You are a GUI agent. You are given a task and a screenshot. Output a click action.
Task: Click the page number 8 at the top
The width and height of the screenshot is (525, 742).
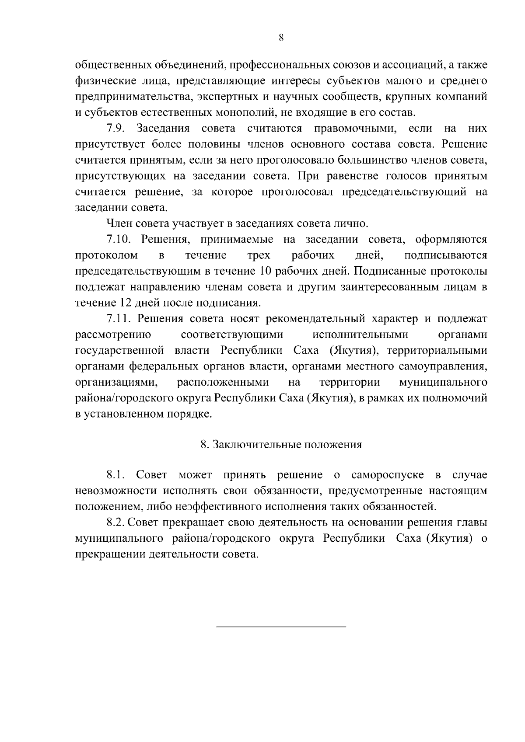(281, 38)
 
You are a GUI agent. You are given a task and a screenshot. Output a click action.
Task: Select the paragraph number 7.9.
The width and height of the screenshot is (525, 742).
(115, 129)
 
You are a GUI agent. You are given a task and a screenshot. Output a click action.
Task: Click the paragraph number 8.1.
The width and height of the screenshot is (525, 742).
(115, 475)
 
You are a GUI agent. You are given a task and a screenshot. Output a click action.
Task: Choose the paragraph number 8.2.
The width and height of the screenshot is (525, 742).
(115, 522)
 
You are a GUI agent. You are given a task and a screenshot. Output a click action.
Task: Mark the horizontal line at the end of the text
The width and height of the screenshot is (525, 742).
(281, 627)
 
